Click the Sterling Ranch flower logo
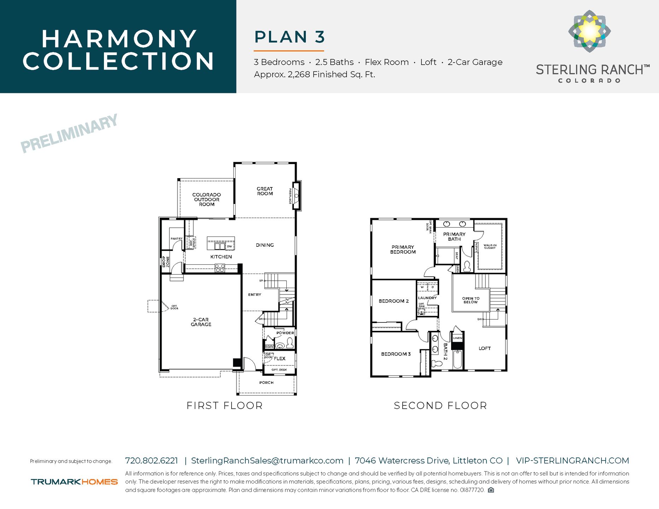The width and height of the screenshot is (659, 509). click(x=589, y=31)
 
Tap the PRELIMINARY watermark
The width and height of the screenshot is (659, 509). click(x=69, y=134)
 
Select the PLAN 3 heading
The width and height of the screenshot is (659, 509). click(x=289, y=37)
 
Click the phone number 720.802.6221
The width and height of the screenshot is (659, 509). click(x=152, y=461)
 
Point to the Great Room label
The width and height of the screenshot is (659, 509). click(x=265, y=191)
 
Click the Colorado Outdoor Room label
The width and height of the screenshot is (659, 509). click(x=206, y=199)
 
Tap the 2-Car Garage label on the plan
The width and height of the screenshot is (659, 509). click(x=201, y=322)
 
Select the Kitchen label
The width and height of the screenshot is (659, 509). click(x=221, y=257)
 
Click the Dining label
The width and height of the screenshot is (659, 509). click(x=265, y=245)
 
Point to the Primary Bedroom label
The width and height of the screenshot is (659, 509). click(x=403, y=250)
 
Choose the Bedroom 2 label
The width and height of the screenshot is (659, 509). click(x=393, y=301)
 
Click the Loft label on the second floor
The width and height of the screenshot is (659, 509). click(x=484, y=348)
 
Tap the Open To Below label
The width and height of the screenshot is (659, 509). click(x=471, y=300)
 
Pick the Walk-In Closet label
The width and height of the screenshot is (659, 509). click(x=490, y=246)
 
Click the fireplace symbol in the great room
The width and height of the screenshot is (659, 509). click(x=297, y=195)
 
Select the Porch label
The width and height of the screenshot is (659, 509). click(x=266, y=382)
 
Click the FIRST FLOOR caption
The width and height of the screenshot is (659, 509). click(x=224, y=405)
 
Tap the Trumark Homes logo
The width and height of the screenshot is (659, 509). click(x=74, y=482)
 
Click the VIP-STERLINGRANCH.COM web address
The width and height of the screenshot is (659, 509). click(x=572, y=461)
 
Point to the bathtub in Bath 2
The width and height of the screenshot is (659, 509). click(x=458, y=359)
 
